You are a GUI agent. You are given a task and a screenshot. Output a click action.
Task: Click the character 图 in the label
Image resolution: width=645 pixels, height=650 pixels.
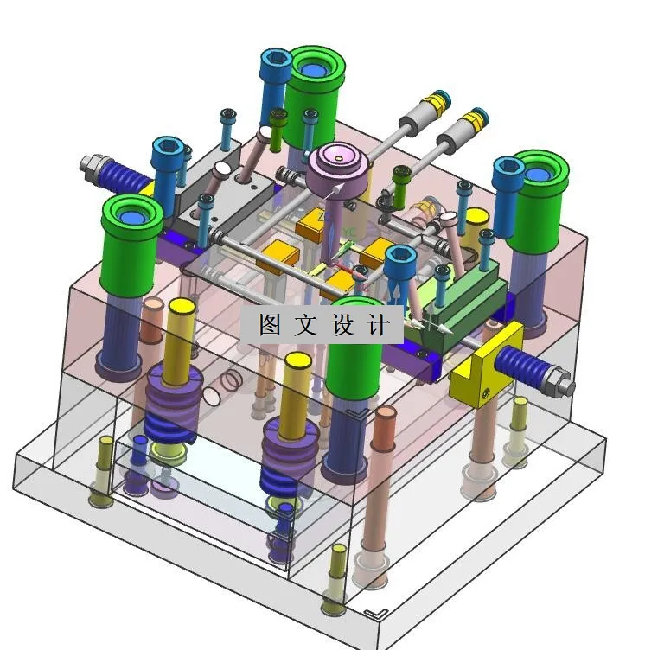(x=270, y=324)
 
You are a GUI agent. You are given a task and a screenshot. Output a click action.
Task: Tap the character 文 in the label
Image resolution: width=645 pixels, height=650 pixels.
(x=306, y=324)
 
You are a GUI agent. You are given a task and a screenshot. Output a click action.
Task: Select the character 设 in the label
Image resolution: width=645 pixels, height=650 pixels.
(x=342, y=324)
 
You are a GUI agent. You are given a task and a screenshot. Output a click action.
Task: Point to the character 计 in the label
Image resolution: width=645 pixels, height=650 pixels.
(x=379, y=324)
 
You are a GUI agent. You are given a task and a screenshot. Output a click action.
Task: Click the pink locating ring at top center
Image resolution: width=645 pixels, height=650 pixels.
(x=339, y=171)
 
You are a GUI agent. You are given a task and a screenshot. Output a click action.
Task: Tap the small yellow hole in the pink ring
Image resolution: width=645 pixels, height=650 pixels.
(x=339, y=158)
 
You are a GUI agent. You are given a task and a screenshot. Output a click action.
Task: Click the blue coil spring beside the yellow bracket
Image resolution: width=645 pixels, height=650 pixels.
(x=521, y=366)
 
